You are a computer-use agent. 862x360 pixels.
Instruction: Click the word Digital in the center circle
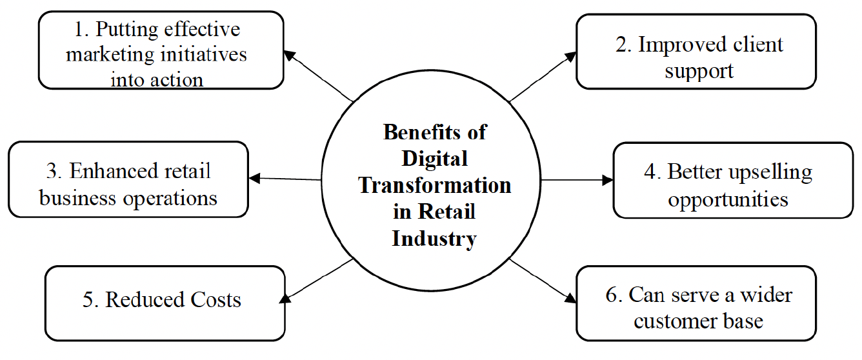click(x=434, y=158)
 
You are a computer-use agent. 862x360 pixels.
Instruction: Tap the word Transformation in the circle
click(x=434, y=185)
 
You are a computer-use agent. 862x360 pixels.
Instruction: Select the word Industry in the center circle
click(x=434, y=239)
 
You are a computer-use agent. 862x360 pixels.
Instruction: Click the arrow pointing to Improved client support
click(x=542, y=77)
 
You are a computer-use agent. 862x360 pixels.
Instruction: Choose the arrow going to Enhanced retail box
click(x=285, y=179)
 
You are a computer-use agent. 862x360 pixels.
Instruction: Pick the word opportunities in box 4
click(x=728, y=199)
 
